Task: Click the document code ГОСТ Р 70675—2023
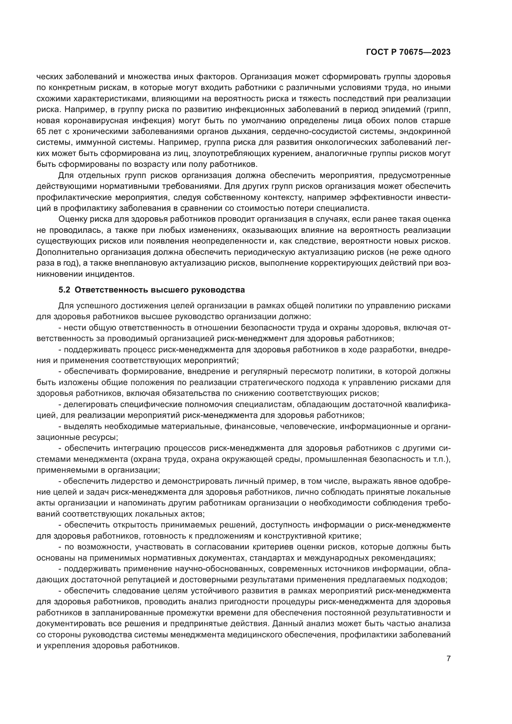tap(408, 52)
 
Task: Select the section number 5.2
tap(64, 290)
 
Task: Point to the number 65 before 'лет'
tap(41, 132)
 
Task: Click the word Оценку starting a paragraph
tap(73, 219)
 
